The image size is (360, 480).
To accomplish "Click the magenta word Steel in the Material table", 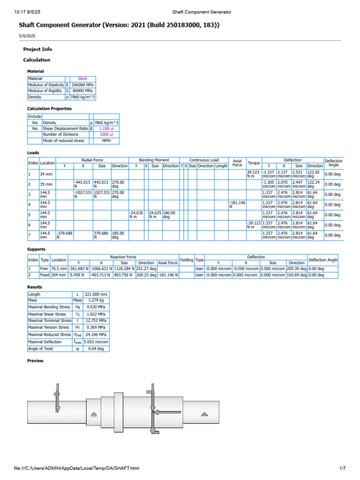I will point(82,79).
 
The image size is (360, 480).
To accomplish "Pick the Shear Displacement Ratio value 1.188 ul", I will point(106,128).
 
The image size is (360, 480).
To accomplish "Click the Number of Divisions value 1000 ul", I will point(106,135).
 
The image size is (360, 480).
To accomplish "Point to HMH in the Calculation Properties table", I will point(106,141).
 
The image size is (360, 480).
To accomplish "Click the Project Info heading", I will point(37,49).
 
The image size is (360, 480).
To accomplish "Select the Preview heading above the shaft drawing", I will point(35,361).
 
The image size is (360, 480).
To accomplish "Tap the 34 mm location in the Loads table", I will point(46,174).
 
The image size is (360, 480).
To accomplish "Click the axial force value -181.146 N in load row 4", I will point(237,204).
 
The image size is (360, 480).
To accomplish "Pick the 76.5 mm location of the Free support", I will point(59,269).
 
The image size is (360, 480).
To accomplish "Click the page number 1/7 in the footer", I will point(342,468).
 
